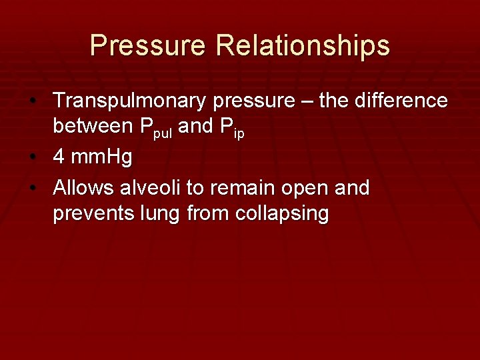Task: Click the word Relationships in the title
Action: [303, 46]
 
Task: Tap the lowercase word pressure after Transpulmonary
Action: [247, 101]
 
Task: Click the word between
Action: [95, 127]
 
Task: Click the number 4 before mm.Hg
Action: [59, 158]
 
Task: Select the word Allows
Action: [83, 188]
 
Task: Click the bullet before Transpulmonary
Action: [41, 102]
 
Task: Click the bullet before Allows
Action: [41, 189]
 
